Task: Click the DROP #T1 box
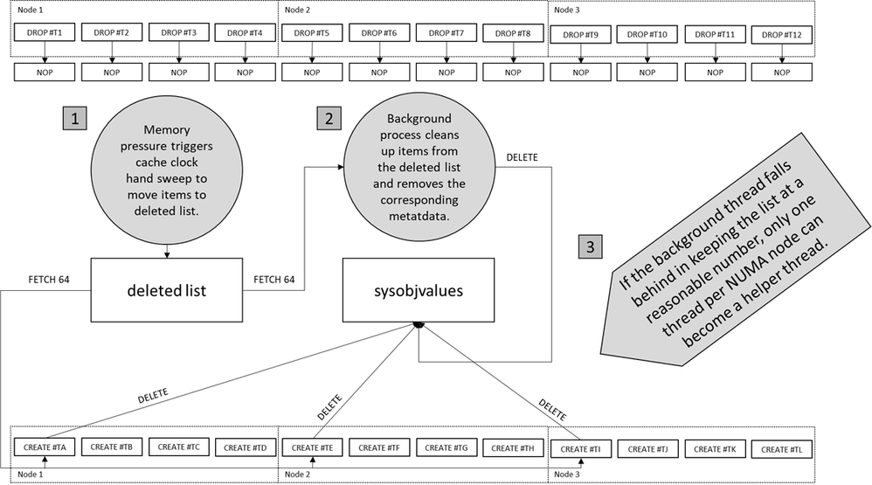42,33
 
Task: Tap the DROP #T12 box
782,35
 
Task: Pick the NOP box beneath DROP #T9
580,72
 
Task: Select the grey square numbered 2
328,119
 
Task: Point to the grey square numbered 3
591,247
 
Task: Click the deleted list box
166,289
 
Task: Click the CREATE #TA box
42,447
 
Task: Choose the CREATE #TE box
311,447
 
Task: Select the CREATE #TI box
579,448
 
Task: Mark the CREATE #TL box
781,448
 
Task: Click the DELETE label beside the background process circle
522,157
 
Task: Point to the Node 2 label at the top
299,10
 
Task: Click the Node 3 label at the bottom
567,475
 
